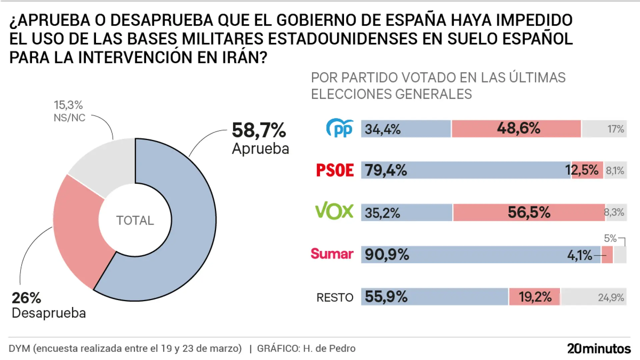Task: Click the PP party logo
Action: click(x=340, y=128)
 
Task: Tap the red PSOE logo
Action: click(x=335, y=170)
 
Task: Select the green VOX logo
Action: click(x=334, y=211)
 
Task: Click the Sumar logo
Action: click(x=332, y=254)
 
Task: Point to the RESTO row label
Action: click(x=335, y=297)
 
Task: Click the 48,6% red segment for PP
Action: click(x=516, y=129)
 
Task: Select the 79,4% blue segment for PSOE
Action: click(x=466, y=170)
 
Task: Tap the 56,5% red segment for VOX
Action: click(x=529, y=212)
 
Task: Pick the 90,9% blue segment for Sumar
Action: click(x=480, y=255)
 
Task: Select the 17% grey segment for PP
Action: click(x=604, y=129)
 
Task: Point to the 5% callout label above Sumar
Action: click(x=610, y=238)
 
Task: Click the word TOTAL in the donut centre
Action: click(x=135, y=220)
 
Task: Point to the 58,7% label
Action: click(x=259, y=130)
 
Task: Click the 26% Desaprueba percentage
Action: click(x=26, y=298)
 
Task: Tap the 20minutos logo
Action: click(x=599, y=348)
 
